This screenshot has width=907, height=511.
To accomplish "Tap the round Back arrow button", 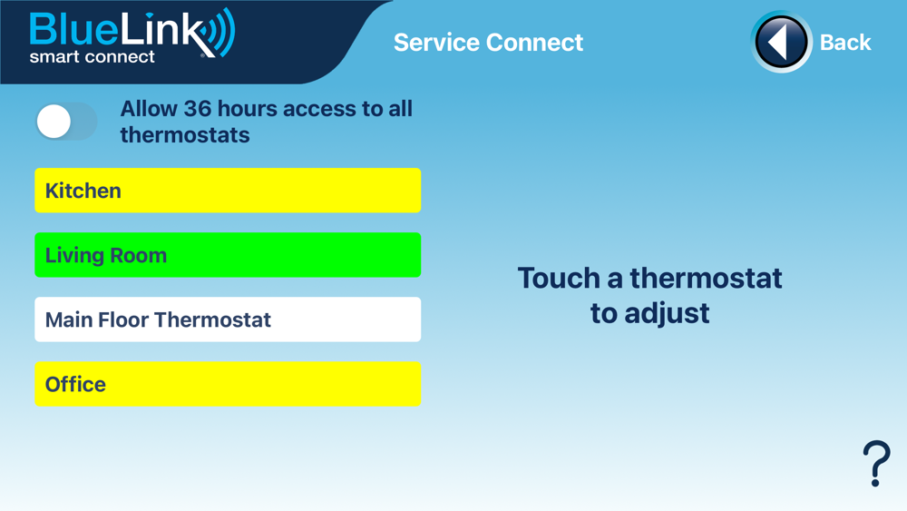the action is coord(781,42).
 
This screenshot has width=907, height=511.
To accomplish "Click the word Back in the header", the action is coord(845,43).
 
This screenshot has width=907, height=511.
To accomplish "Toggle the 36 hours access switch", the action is coord(66,122).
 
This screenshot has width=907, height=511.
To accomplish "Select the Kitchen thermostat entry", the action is coord(228,191).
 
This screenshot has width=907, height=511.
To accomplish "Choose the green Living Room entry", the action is coord(228,255).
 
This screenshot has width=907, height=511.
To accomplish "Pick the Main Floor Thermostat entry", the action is coord(228,319).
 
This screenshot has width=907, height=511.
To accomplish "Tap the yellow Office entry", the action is coord(228,384).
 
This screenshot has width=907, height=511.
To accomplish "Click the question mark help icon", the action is coord(876,463).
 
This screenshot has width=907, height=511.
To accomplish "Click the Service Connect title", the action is coord(488,43).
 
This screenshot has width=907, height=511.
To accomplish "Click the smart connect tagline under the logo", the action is coord(92,56).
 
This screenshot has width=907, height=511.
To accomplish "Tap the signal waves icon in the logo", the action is coord(221,32).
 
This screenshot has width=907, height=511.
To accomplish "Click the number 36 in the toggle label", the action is coord(197,109).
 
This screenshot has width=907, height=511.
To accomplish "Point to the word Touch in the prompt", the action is coord(559,279).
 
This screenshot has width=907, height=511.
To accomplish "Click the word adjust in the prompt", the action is coord(667,314).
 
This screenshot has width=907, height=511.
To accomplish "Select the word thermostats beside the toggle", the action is coord(185,135).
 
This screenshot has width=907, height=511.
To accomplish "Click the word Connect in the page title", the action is coord(534,43).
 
